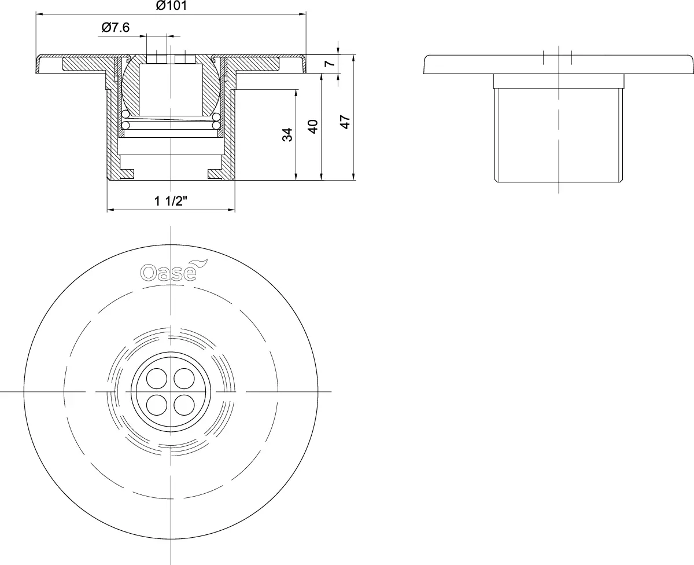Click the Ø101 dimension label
coord(171,6)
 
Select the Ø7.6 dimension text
coord(115,27)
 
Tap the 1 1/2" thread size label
coord(171,201)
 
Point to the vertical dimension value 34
coord(287,135)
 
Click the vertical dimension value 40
coord(313,127)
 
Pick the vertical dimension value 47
coord(345,122)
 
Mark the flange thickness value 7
coord(330,63)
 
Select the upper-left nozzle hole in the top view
coord(157,379)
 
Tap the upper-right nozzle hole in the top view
coord(184,379)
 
